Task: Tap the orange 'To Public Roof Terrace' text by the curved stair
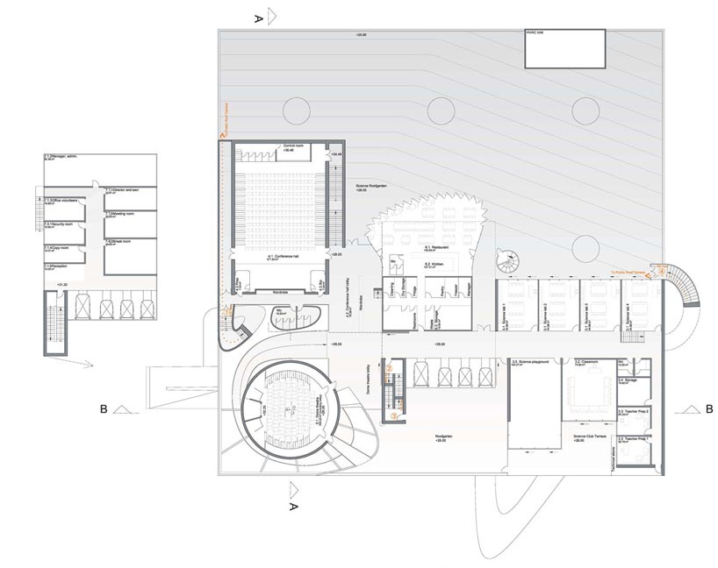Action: point(629,262)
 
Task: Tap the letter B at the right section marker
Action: point(707,408)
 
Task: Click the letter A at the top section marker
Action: point(257,17)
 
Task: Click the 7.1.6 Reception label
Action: point(60,266)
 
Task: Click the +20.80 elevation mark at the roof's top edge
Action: point(361,35)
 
